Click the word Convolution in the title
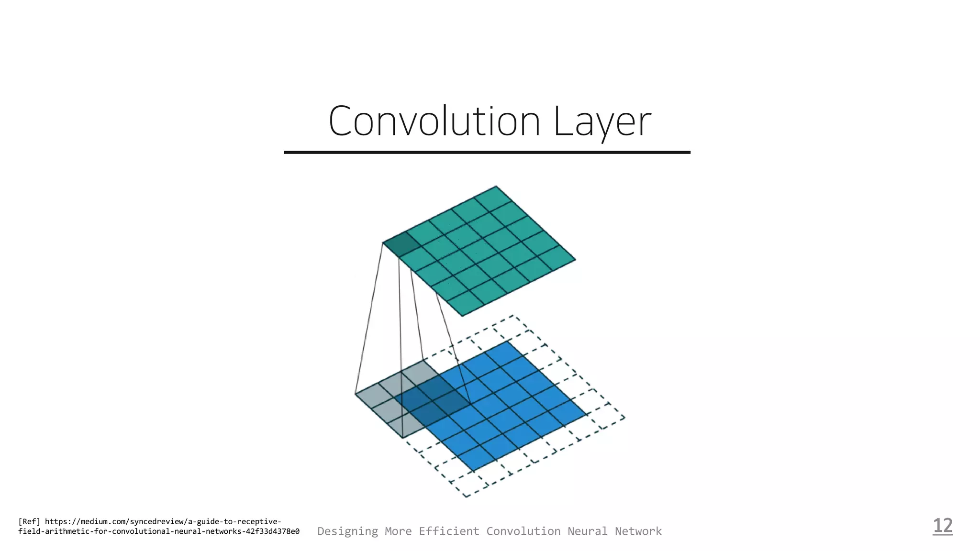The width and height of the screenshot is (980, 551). pos(434,121)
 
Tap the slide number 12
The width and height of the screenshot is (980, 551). pos(943,526)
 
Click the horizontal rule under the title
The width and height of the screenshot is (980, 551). pos(487,152)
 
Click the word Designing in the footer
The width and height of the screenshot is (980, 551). pos(347,531)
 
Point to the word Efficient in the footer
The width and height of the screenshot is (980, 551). pos(449,531)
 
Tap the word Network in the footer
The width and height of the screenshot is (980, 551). pos(638,531)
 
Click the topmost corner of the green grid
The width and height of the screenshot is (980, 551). pos(496,186)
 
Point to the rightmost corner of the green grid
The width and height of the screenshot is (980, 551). pos(575,260)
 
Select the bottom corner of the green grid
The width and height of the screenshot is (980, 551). pos(462,316)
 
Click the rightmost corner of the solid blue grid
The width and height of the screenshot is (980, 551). pos(587,415)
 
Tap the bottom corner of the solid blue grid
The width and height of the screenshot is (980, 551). pos(473,471)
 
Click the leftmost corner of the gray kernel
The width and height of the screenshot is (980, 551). pos(355,394)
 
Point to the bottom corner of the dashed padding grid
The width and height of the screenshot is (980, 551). pos(467,497)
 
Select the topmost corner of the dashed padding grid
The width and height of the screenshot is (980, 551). pos(513,315)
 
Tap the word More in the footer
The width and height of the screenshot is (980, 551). pos(398,531)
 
